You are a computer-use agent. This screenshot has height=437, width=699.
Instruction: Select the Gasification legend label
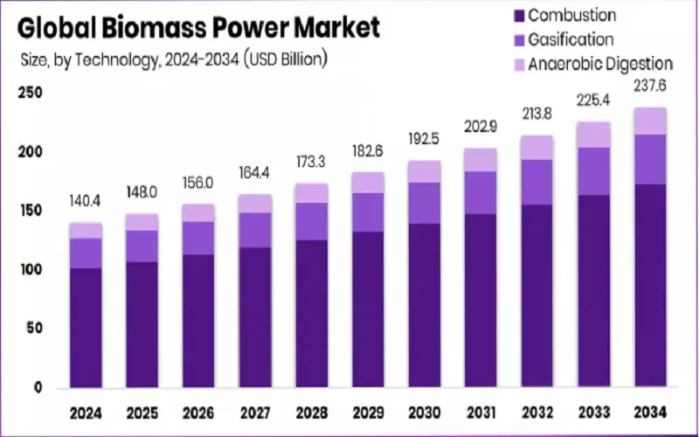pos(571,39)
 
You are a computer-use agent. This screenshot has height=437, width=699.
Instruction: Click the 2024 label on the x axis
pos(87,412)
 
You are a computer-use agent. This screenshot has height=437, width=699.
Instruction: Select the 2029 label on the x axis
pos(368,412)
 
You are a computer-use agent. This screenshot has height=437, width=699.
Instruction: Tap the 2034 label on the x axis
pos(651,412)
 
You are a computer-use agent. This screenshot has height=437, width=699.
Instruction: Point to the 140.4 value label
pos(87,202)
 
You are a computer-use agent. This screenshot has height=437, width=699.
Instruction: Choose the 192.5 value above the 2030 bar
pos(425,139)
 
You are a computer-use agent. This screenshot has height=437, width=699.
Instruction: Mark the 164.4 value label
pos(255,173)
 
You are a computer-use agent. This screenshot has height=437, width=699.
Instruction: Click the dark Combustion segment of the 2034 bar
pos(651,285)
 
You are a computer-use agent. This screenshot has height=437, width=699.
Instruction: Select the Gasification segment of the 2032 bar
pos(537,182)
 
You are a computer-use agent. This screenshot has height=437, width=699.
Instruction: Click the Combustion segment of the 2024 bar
pos(87,327)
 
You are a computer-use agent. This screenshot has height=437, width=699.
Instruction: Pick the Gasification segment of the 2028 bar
pos(312,221)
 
